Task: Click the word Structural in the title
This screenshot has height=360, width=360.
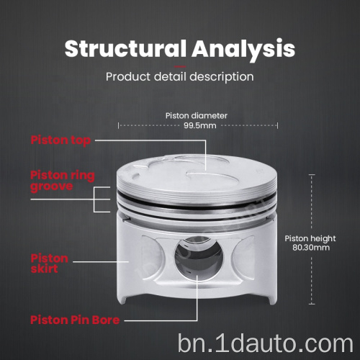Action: (125, 48)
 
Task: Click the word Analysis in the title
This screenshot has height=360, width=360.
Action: (243, 50)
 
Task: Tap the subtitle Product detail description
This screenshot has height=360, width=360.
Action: (180, 77)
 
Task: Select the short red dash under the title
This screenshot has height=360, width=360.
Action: (180, 66)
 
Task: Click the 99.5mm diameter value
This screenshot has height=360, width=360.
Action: (200, 125)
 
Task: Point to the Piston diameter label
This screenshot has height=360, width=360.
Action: (197, 116)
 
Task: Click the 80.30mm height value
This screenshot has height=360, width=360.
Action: (311, 248)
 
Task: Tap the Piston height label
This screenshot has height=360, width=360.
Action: (310, 238)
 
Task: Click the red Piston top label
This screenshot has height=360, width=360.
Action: (60, 140)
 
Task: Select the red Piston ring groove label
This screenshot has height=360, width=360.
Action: (63, 181)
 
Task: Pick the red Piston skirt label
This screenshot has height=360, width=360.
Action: (50, 264)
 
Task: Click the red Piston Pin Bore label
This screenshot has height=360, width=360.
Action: (75, 320)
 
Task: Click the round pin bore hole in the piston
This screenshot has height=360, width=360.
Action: (199, 258)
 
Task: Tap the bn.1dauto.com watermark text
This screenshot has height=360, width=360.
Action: (266, 344)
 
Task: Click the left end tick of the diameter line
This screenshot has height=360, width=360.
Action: (118, 125)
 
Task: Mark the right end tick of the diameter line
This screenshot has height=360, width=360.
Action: (277, 125)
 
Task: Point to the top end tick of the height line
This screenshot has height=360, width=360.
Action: (312, 175)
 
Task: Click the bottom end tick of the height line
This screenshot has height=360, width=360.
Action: (312, 304)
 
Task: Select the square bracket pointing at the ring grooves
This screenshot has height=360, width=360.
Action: (94, 199)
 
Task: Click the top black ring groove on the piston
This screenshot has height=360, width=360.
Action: (197, 203)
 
